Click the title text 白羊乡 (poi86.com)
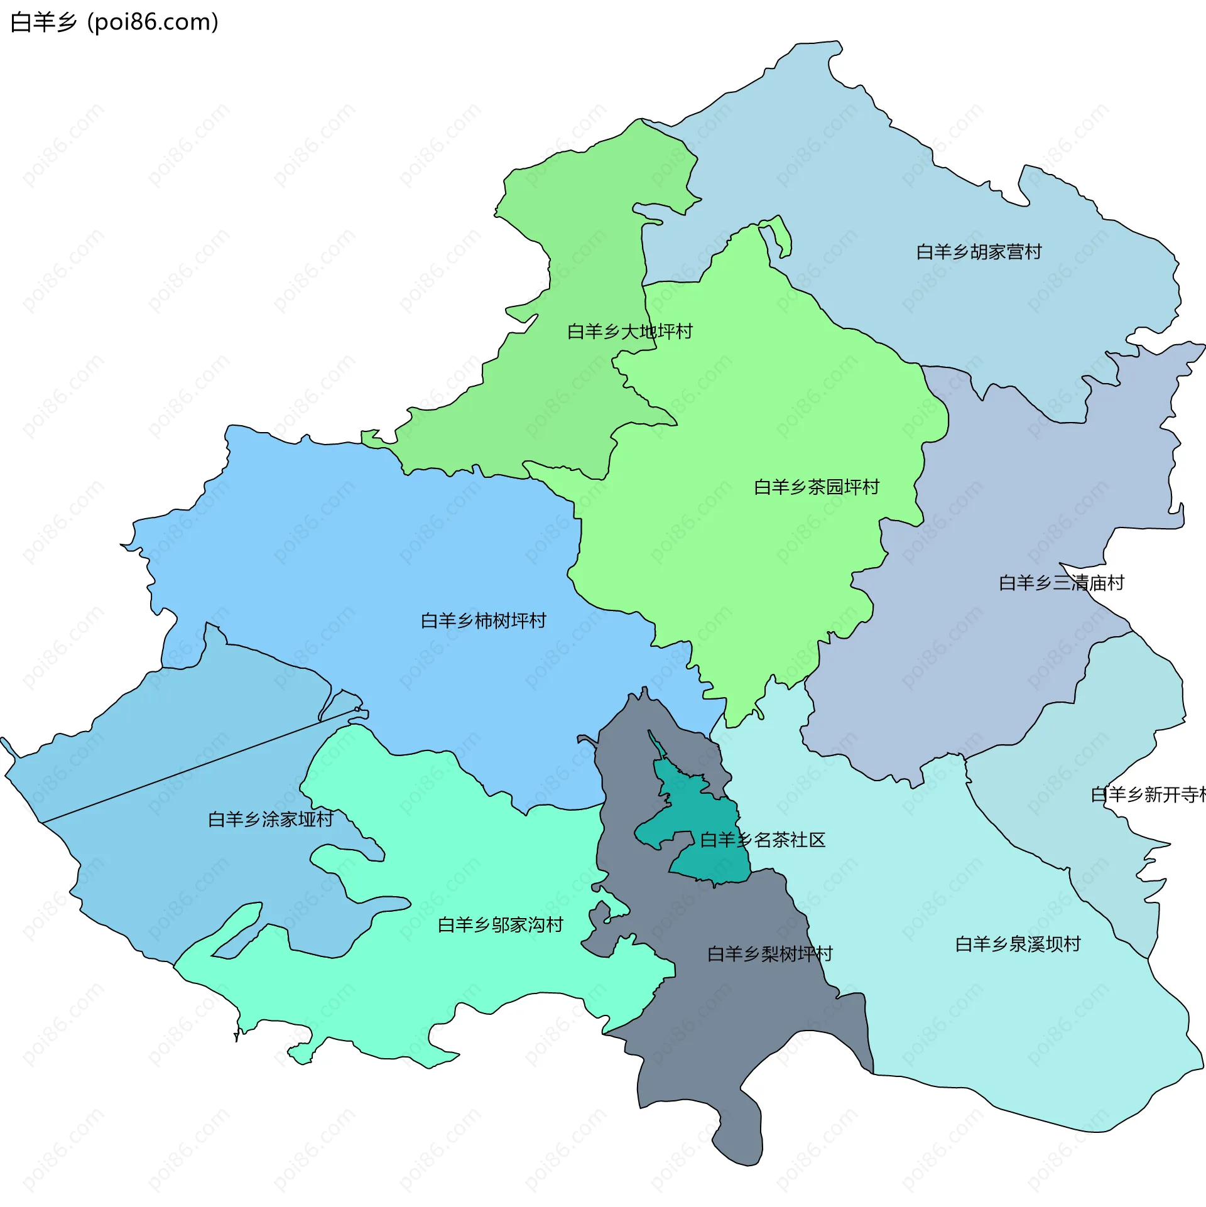pyautogui.click(x=114, y=23)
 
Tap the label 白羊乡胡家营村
pyautogui.click(x=978, y=252)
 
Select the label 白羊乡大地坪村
pyautogui.click(x=629, y=332)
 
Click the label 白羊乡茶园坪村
pyautogui.click(x=816, y=487)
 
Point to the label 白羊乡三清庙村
pyautogui.click(x=1061, y=583)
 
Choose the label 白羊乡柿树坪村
pyautogui.click(x=483, y=621)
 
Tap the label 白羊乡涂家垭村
pyautogui.click(x=270, y=820)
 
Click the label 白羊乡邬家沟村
pyautogui.click(x=500, y=925)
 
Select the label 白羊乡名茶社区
pyautogui.click(x=762, y=840)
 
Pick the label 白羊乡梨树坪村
pyautogui.click(x=769, y=955)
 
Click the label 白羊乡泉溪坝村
pyautogui.click(x=1017, y=944)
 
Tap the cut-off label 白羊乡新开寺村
pyautogui.click(x=1148, y=795)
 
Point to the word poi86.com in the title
pyautogui.click(x=153, y=23)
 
